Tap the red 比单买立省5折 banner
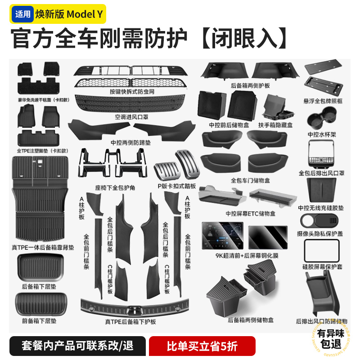click(202, 346)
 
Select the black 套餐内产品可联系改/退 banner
click(77, 346)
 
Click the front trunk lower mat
click(40, 304)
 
